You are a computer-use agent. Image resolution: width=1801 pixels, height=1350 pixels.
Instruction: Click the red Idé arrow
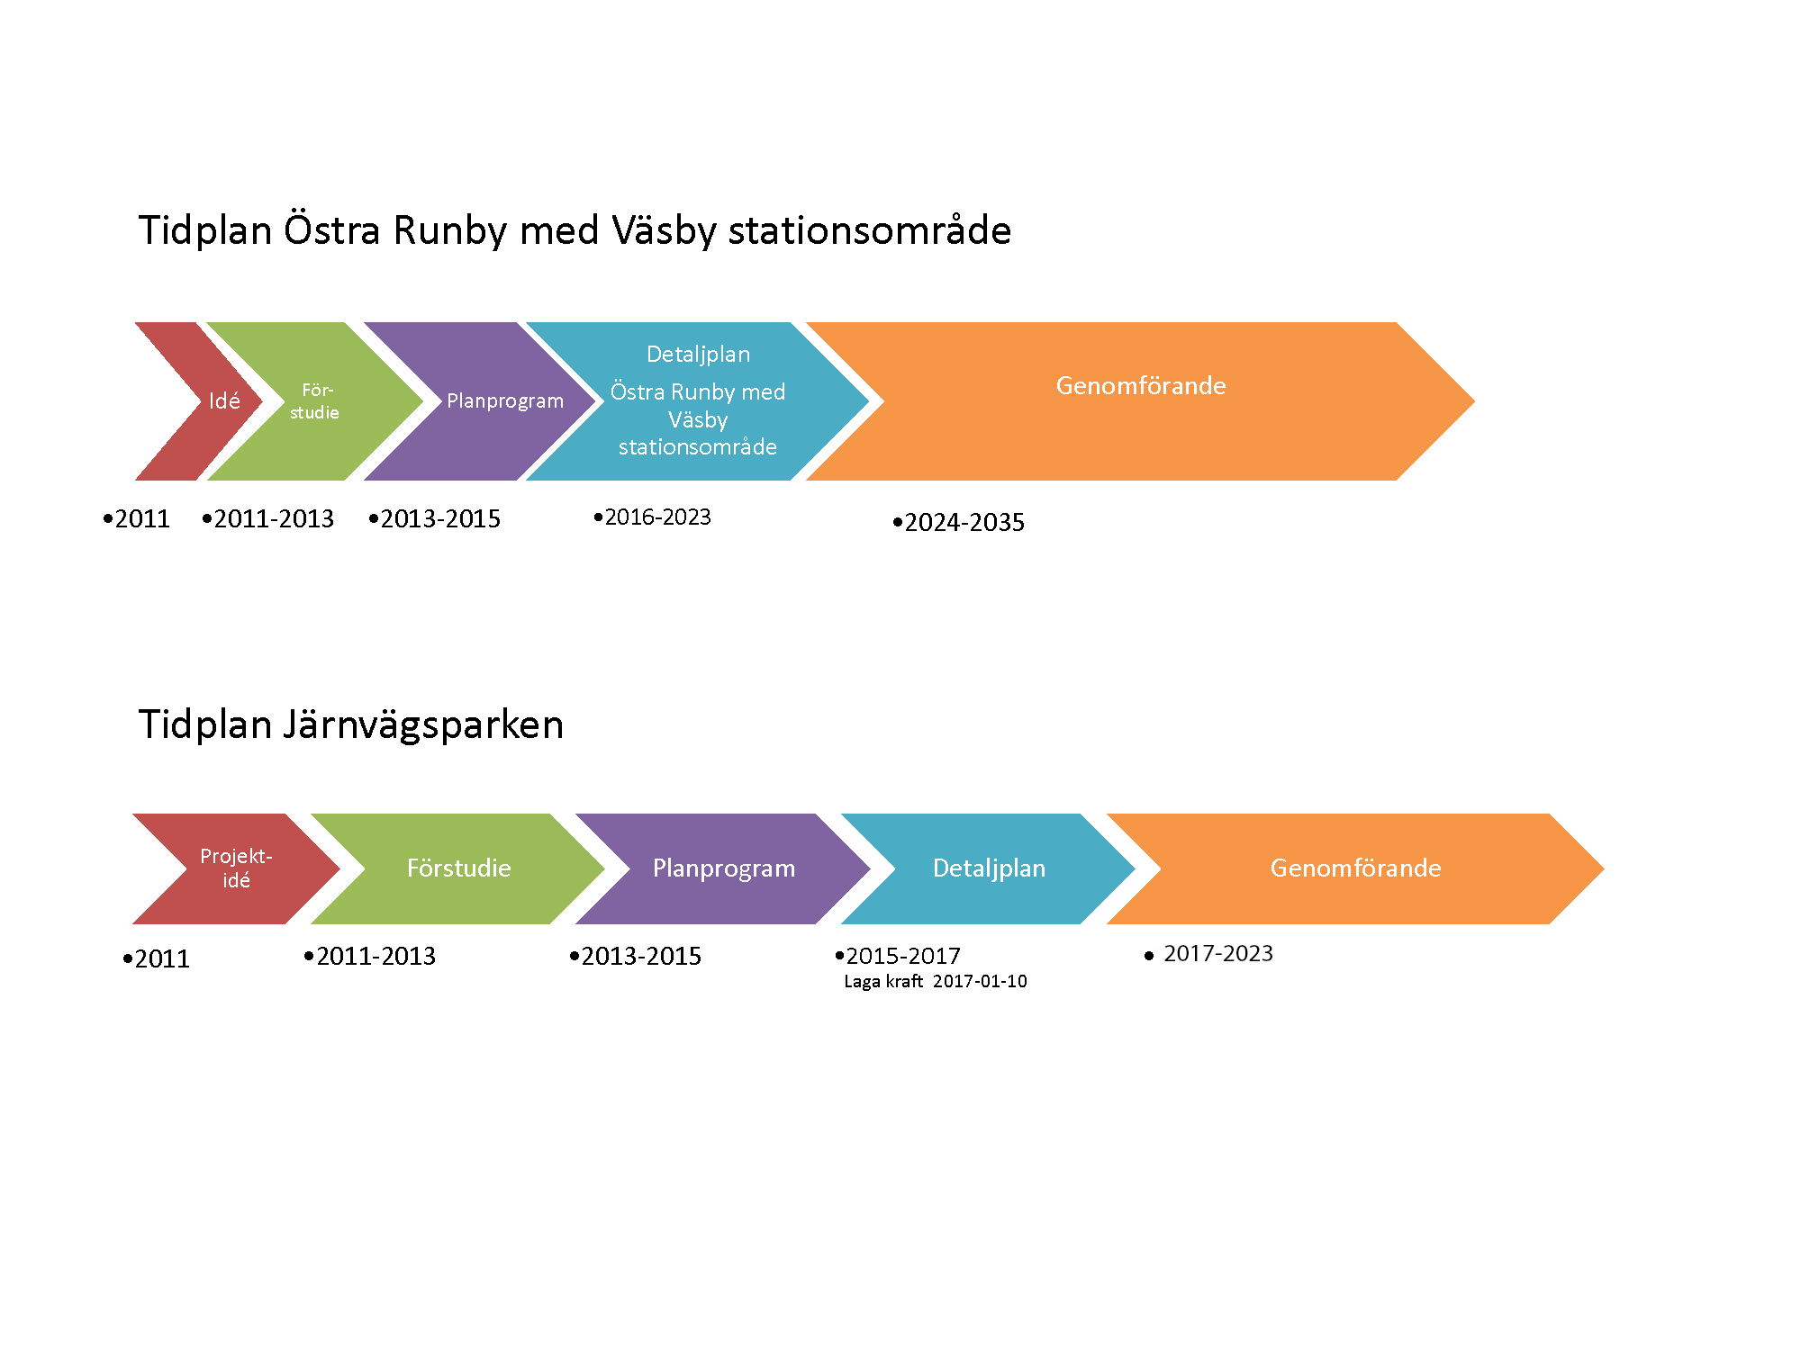point(221,401)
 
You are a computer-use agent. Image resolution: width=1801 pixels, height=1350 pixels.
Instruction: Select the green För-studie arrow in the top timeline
point(315,401)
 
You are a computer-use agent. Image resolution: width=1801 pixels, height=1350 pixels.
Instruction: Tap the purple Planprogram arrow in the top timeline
point(495,401)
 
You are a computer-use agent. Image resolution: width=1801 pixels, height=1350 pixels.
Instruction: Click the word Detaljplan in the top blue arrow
point(698,355)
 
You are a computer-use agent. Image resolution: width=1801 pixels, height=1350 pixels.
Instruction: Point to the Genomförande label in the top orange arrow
point(1141,386)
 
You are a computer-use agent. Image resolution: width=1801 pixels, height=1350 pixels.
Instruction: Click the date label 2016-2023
point(657,517)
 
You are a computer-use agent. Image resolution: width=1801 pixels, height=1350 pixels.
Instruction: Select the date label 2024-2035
point(964,523)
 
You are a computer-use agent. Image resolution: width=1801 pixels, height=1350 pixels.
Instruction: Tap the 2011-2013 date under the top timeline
point(274,519)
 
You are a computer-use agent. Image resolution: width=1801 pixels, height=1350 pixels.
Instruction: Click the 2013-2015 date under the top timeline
point(440,519)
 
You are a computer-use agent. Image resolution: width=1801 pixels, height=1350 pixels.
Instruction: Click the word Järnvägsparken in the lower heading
point(423,725)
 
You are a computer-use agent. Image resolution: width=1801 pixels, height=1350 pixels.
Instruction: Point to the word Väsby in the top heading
point(665,231)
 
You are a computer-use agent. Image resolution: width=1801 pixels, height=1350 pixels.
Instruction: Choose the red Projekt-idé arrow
point(236,868)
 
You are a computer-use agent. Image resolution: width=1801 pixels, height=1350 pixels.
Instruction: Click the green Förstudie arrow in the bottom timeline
point(457,868)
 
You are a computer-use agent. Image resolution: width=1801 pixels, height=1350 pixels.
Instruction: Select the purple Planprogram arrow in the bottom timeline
point(723,868)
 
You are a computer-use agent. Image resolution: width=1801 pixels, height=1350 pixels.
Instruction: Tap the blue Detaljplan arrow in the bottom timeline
point(988,868)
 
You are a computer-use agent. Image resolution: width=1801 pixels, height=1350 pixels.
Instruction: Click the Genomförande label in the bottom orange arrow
point(1355,868)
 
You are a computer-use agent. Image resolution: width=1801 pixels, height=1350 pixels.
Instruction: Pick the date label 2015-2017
point(903,956)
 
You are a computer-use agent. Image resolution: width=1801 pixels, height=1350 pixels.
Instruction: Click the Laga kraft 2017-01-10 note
point(936,982)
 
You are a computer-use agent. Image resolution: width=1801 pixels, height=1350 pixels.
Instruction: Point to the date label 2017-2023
point(1218,954)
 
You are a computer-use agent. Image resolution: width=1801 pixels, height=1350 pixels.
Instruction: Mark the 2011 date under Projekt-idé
point(162,959)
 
